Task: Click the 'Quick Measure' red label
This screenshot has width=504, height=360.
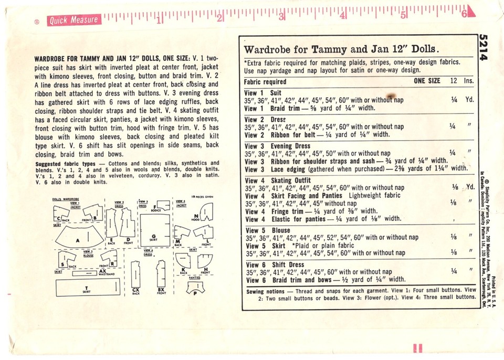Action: point(73,20)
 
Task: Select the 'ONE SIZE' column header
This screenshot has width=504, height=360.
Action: point(427,81)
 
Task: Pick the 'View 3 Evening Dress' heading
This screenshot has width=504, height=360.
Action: point(278,146)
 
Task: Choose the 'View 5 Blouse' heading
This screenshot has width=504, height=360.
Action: point(268,230)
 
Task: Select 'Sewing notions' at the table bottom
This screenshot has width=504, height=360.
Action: point(270,291)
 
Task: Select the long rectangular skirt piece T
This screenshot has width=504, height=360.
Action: point(86,288)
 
